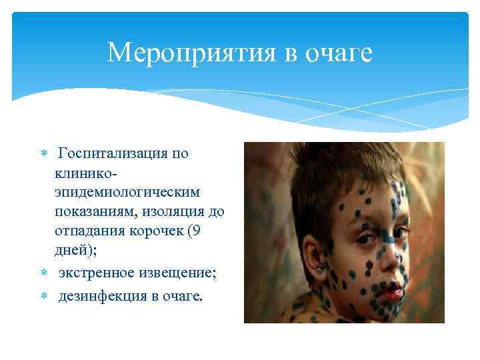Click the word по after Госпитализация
(x=180, y=154)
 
